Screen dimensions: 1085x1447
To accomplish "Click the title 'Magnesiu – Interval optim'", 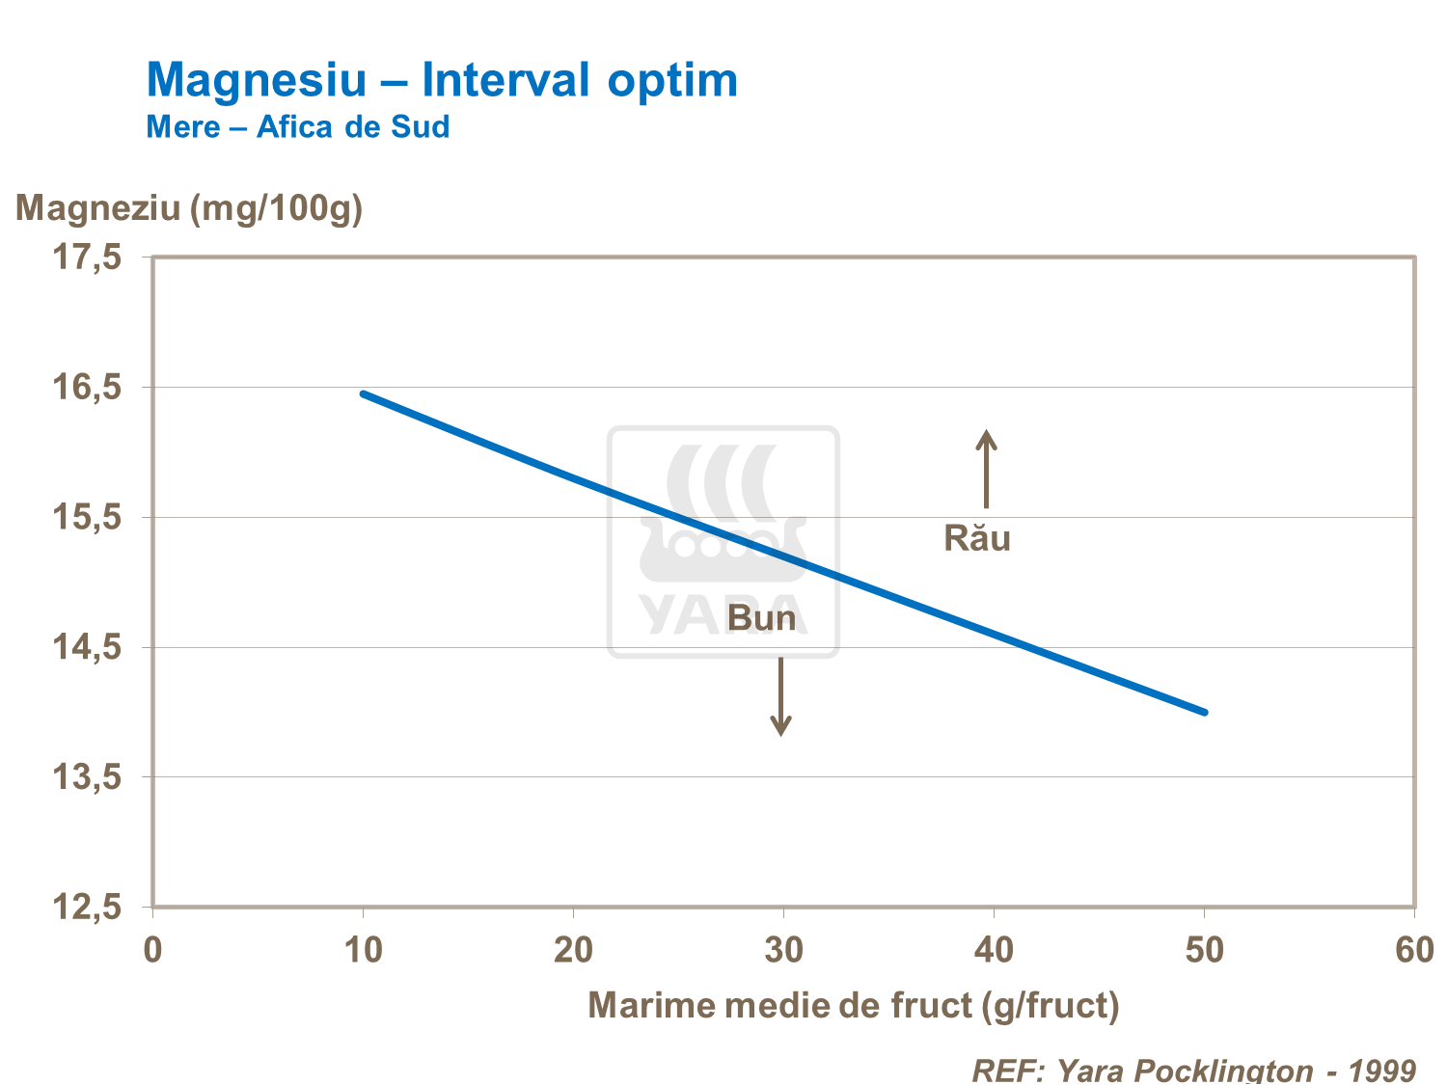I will (x=442, y=79).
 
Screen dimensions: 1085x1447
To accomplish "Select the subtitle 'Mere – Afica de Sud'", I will (x=297, y=127).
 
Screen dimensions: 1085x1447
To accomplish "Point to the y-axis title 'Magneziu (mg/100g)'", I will (x=189, y=207).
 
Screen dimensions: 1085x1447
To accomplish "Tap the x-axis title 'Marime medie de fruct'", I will (x=854, y=1005).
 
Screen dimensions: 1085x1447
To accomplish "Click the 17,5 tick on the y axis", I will (x=87, y=258).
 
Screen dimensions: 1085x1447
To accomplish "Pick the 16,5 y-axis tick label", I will (x=87, y=388).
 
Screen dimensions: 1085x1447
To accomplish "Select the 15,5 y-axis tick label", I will (x=87, y=518).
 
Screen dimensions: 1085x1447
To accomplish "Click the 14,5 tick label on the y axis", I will (x=87, y=647).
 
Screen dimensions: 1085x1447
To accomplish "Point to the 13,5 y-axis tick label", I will (x=87, y=777).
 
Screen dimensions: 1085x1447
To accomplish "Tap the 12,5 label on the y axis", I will (x=87, y=908).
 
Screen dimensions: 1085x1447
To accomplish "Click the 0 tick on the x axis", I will (x=152, y=950).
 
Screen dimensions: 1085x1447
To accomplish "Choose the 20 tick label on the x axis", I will (x=573, y=950).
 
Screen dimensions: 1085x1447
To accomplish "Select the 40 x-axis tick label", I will (x=994, y=950).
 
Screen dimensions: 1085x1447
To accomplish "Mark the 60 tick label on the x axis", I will (x=1414, y=950).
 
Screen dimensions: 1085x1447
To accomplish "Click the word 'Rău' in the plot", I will (x=977, y=538).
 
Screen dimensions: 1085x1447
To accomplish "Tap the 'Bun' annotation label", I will (x=762, y=618).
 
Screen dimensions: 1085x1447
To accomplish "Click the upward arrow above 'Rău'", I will (x=986, y=469).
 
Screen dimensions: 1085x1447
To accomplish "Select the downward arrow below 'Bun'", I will (x=781, y=696).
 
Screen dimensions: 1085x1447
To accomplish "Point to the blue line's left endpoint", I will (x=364, y=393).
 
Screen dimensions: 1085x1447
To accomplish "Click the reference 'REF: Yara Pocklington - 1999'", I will (x=1193, y=1070).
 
